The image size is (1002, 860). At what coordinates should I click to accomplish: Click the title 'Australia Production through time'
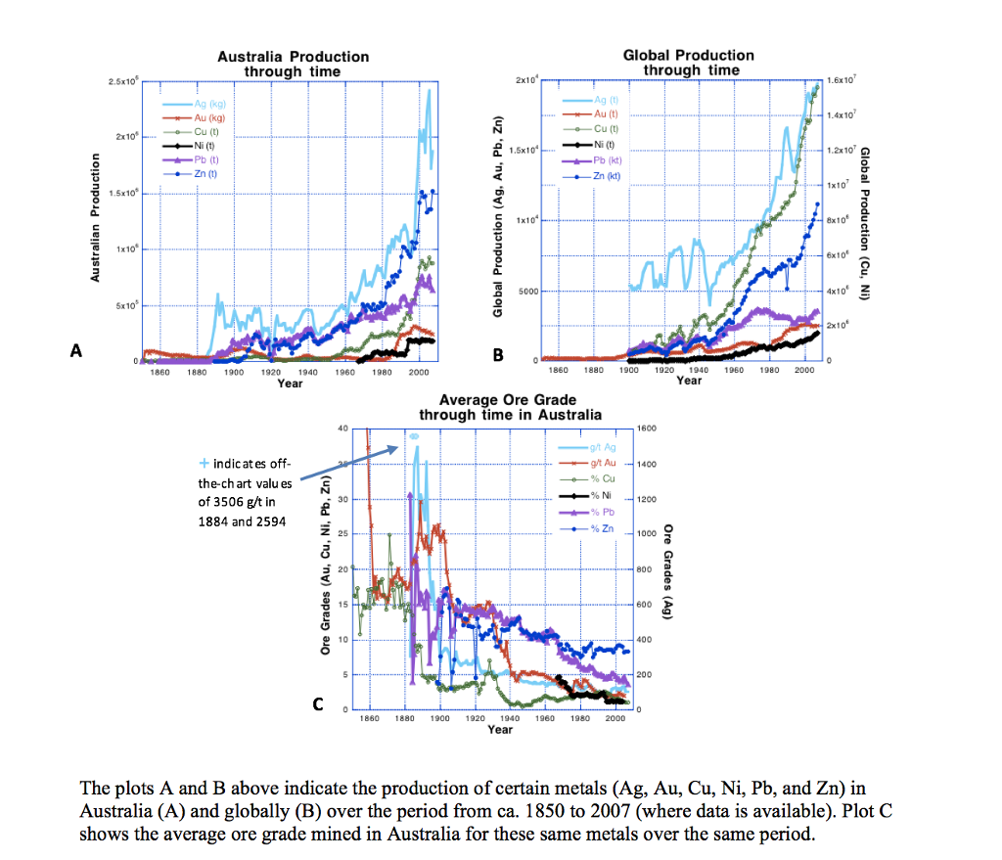(x=293, y=64)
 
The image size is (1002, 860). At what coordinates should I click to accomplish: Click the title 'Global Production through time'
(x=688, y=63)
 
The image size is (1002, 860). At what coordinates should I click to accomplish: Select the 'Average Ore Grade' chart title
(x=507, y=407)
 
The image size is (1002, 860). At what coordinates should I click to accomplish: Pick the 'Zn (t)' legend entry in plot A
(x=205, y=173)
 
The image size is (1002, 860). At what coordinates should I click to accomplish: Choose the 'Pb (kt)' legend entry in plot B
(x=607, y=159)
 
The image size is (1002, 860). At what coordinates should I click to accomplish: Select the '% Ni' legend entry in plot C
(x=601, y=495)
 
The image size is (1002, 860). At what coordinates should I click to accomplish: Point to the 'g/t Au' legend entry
(x=602, y=462)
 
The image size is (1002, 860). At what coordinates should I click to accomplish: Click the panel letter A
(x=73, y=351)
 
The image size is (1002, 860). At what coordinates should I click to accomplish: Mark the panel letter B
(x=497, y=355)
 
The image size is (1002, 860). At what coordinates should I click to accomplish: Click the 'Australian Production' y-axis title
(x=96, y=217)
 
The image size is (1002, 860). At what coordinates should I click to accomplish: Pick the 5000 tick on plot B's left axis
(x=527, y=292)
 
